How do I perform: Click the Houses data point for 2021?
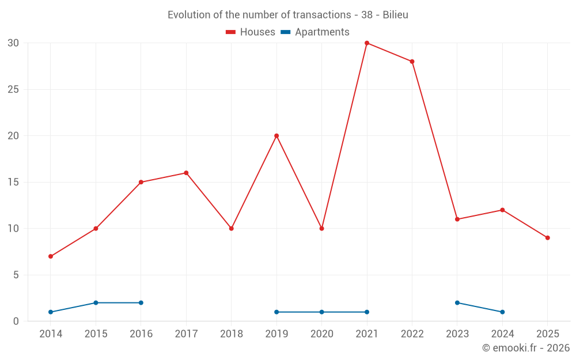pos(367,43)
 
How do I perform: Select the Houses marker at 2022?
pos(412,62)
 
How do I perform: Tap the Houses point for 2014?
pos(51,256)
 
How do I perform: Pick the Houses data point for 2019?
pos(276,136)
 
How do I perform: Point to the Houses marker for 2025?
pos(547,238)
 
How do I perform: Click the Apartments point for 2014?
pos(51,312)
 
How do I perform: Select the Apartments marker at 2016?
pos(141,303)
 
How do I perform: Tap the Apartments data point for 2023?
pos(457,303)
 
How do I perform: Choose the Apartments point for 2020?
pos(321,312)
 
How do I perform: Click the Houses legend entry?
pos(251,32)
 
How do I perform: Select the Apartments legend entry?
pos(315,32)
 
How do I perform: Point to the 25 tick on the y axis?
pos(13,90)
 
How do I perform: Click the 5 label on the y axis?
pos(16,275)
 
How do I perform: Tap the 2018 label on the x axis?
pos(232,334)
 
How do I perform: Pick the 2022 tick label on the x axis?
pos(412,334)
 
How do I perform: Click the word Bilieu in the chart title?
pos(395,15)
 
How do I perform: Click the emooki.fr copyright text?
pos(526,348)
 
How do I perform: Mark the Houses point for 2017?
pos(186,173)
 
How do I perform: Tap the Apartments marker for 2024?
pos(502,312)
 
